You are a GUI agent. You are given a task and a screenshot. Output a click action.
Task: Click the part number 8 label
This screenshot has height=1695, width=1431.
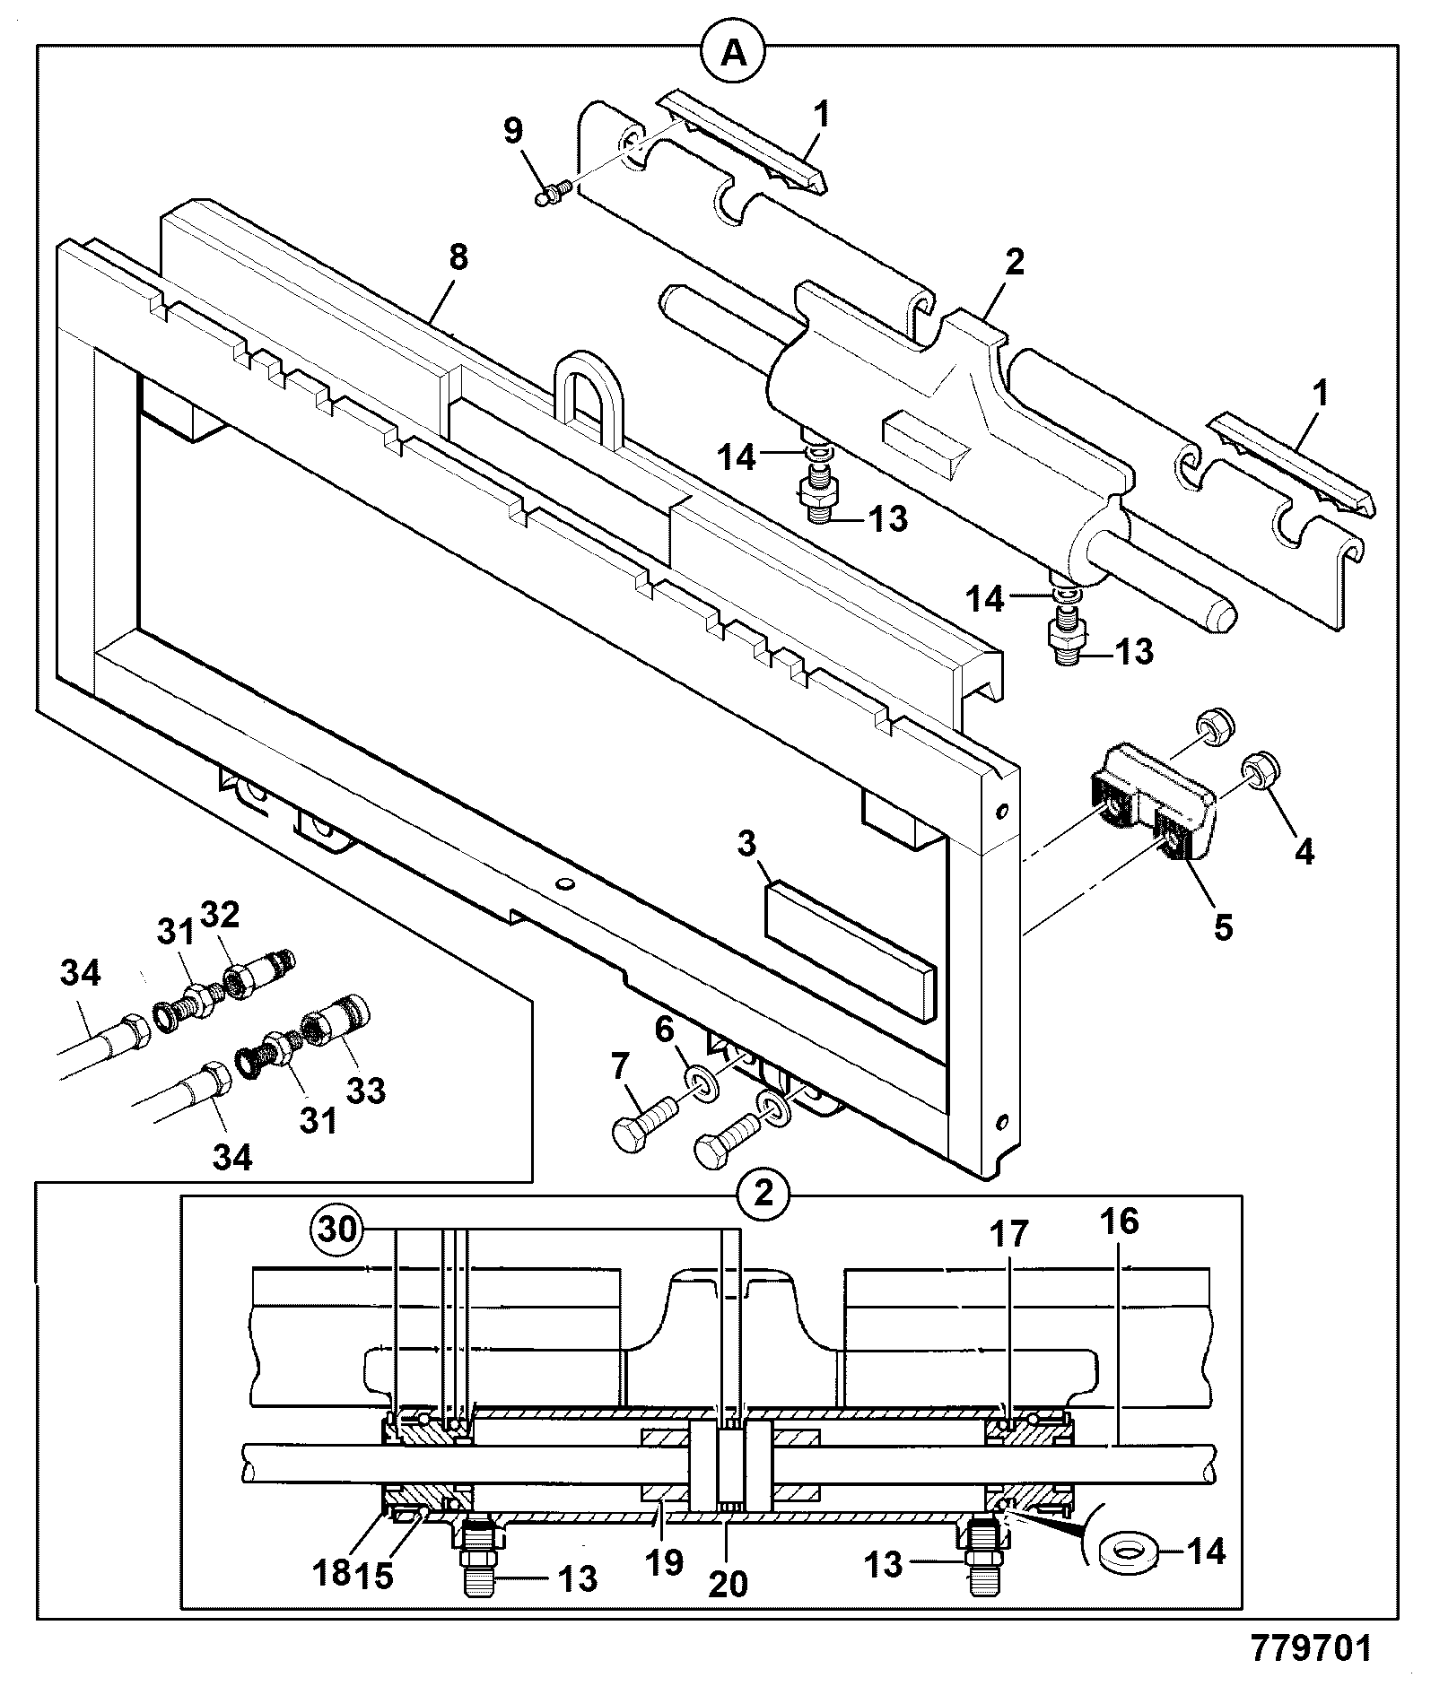(457, 259)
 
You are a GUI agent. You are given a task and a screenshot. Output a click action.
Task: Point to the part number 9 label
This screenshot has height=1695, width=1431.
(512, 131)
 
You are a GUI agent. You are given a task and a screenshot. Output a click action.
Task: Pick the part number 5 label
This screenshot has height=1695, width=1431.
(1223, 926)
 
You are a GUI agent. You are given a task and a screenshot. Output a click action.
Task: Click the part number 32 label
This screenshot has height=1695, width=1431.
(221, 915)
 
